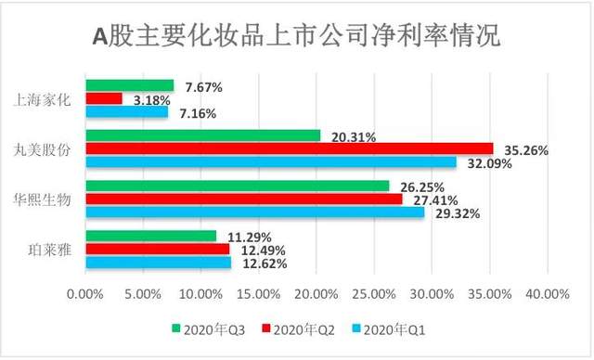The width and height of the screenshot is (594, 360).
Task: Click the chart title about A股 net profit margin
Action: click(x=297, y=37)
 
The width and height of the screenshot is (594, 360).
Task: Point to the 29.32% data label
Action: click(x=455, y=212)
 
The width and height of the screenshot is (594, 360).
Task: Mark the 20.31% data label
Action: click(x=352, y=136)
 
